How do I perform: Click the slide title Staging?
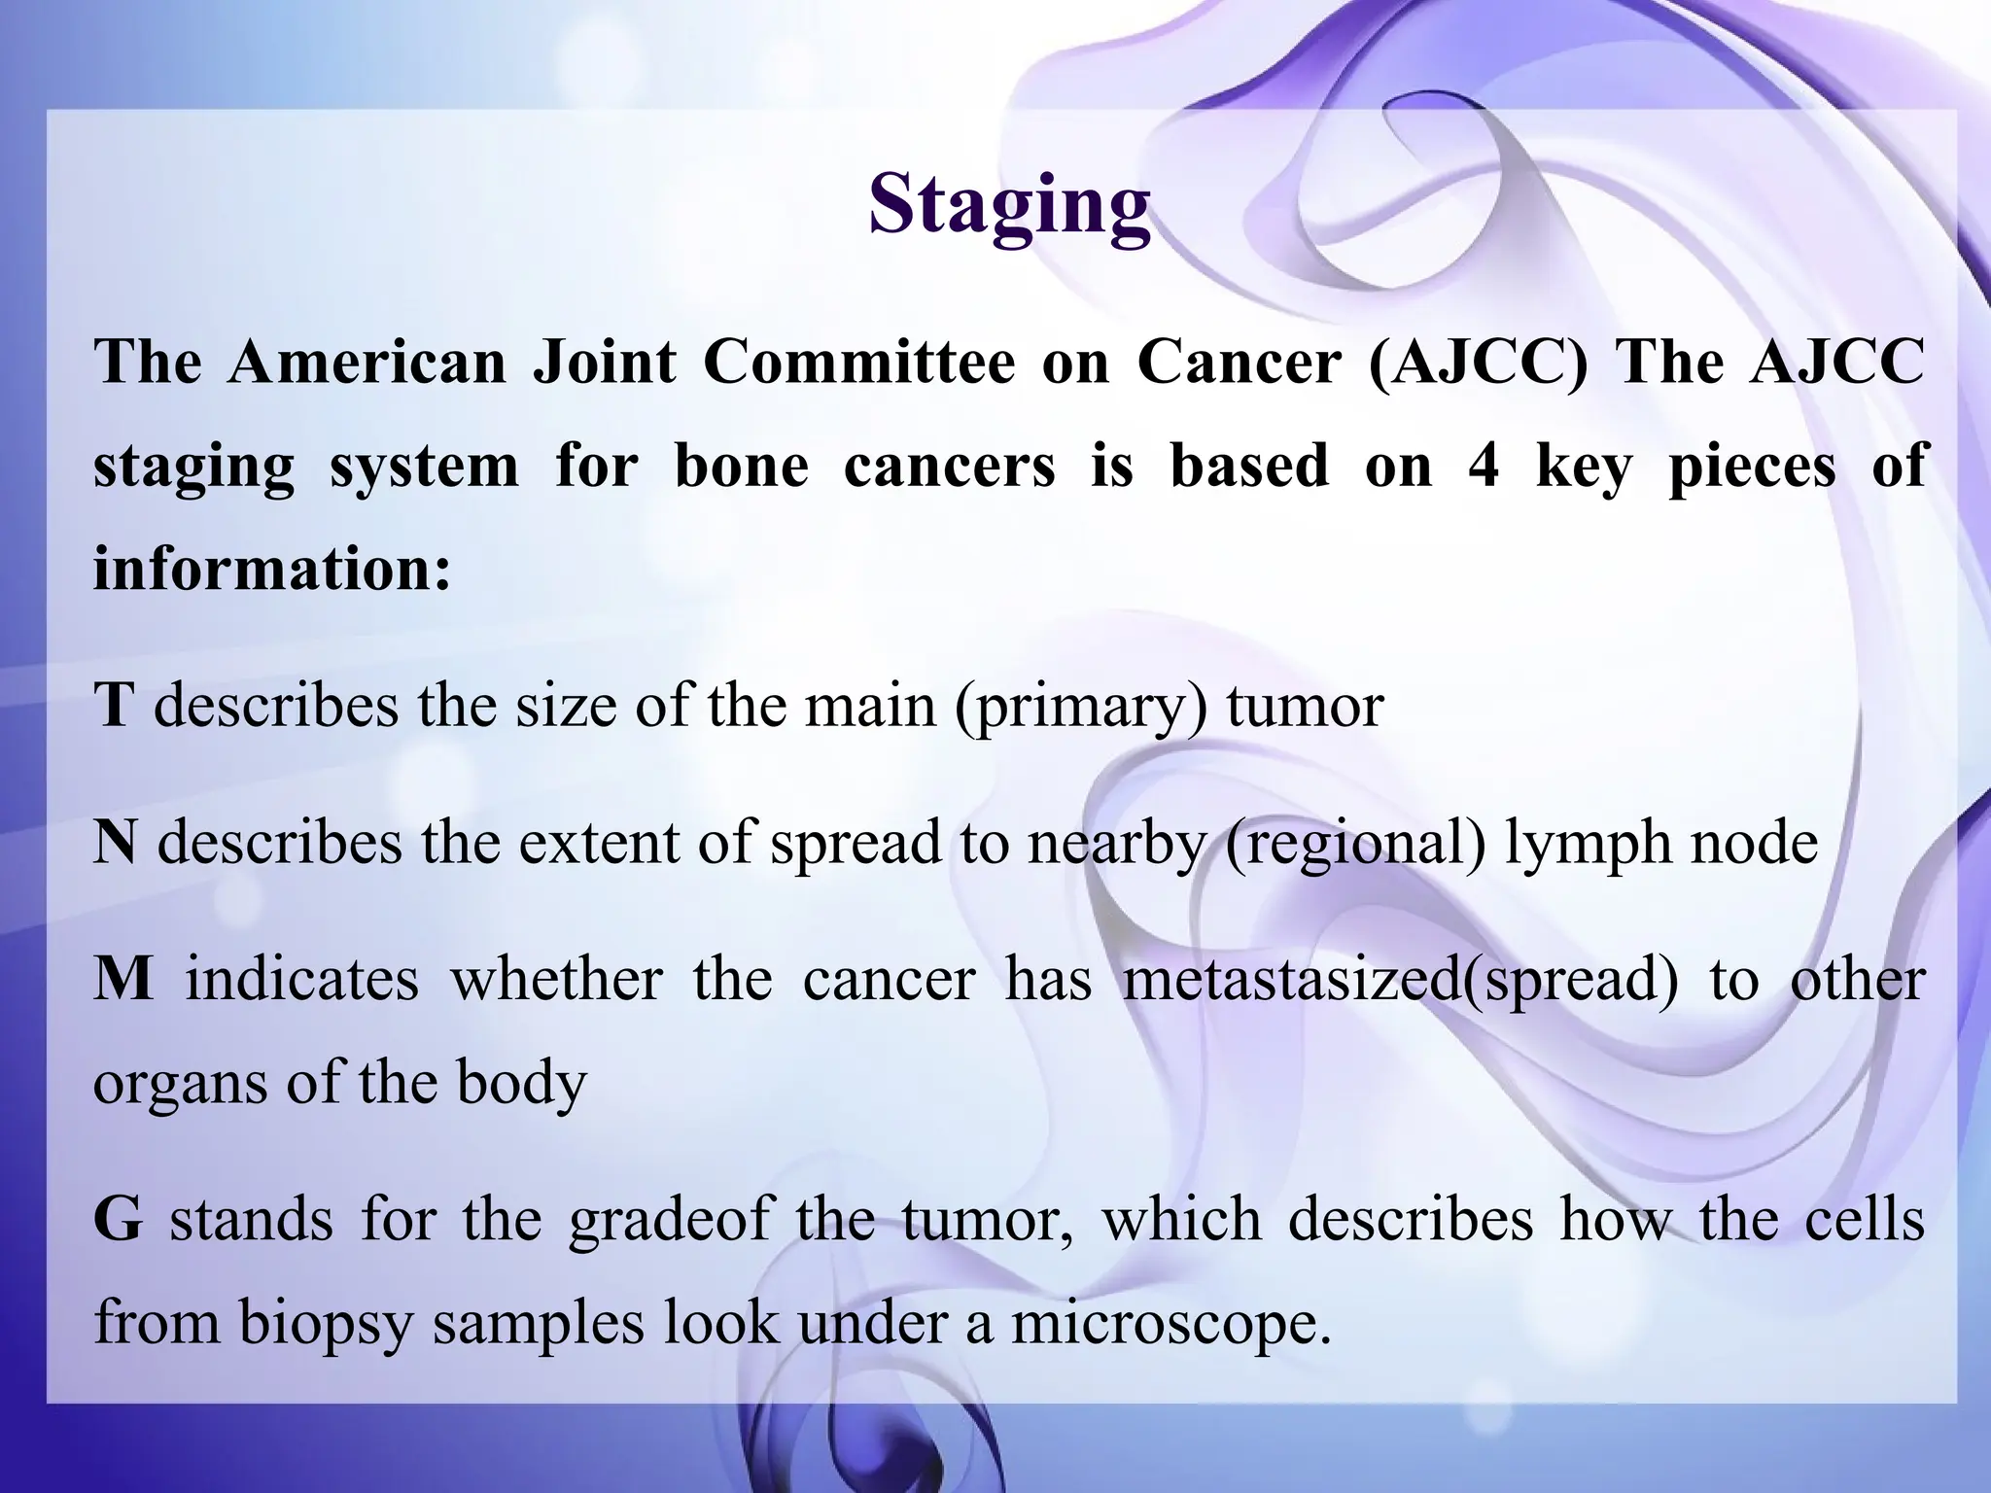coord(1009,206)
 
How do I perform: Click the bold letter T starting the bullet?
coord(113,706)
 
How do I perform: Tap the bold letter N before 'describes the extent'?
coord(116,842)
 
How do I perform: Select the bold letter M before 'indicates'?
coord(123,979)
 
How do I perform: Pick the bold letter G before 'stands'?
coord(119,1221)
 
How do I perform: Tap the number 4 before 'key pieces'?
coord(1483,467)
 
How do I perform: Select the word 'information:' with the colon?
coord(272,570)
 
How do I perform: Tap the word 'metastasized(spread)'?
coord(1400,980)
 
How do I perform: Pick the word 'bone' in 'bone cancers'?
coord(741,467)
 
